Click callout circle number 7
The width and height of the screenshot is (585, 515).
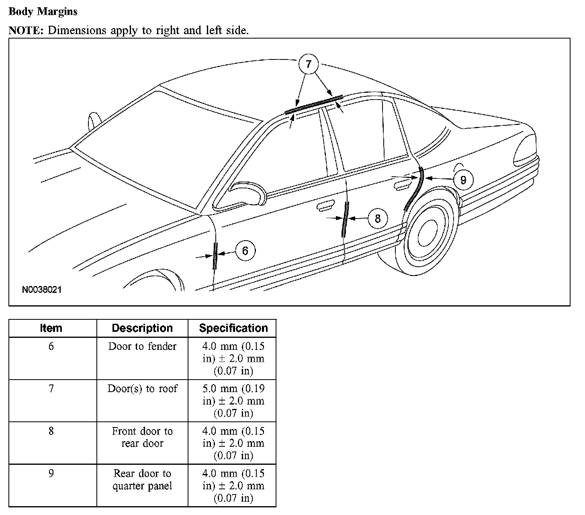click(308, 64)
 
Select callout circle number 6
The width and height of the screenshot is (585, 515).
click(245, 251)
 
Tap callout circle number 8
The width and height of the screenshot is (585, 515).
click(377, 219)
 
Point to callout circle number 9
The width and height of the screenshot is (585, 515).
click(463, 180)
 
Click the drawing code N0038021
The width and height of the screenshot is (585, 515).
click(42, 290)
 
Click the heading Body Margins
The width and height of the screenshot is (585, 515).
click(43, 12)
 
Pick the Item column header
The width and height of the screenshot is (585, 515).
click(51, 328)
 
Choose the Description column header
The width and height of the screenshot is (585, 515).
click(142, 328)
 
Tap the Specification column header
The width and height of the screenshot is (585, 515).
click(233, 328)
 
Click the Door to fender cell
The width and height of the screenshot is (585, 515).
click(142, 346)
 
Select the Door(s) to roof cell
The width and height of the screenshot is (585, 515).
click(142, 389)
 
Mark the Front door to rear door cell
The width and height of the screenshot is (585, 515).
click(142, 437)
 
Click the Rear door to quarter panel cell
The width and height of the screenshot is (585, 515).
click(142, 480)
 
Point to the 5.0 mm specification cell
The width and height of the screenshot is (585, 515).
click(233, 401)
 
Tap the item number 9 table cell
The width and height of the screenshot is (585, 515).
click(51, 474)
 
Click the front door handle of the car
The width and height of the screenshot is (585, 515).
click(325, 206)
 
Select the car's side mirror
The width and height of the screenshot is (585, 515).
click(247, 193)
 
